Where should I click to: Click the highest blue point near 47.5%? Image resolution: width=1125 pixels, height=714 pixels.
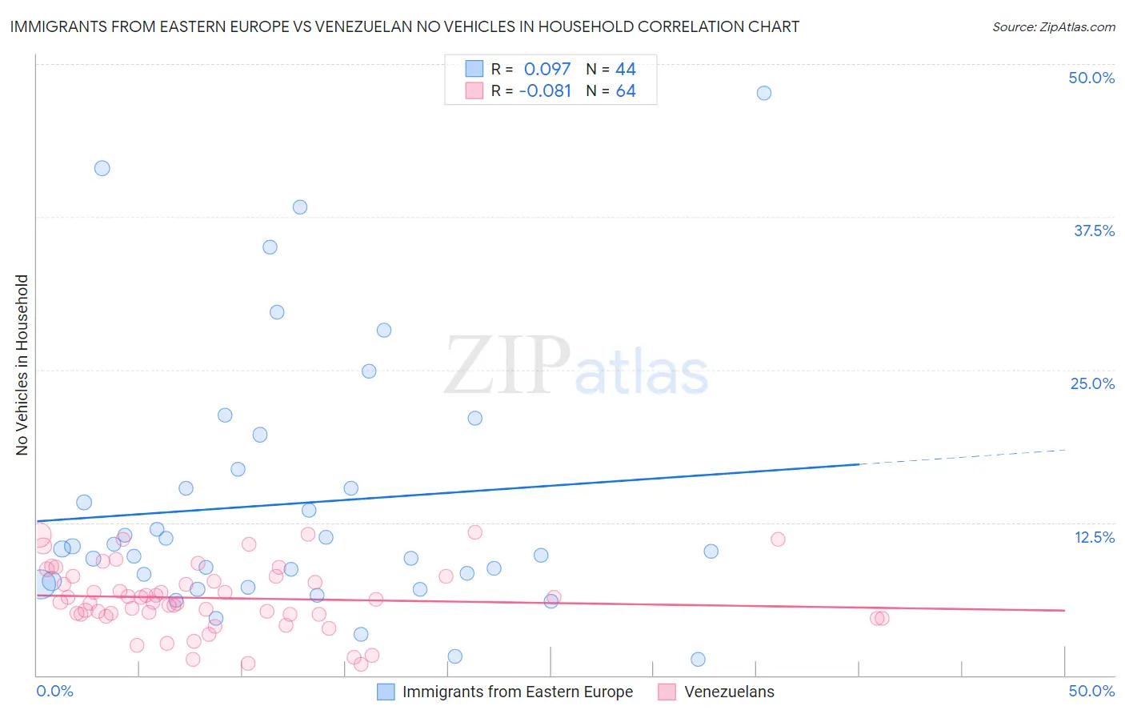point(764,93)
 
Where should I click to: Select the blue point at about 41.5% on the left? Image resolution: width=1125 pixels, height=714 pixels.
point(102,168)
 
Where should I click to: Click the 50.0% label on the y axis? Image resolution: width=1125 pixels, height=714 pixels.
point(1091,78)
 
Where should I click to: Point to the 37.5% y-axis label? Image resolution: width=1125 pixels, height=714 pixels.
point(1094,231)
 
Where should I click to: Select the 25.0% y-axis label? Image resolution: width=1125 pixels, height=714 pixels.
point(1092,383)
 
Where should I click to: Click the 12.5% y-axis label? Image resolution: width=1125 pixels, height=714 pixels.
point(1094,537)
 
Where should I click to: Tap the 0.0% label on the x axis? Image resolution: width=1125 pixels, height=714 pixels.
point(54,691)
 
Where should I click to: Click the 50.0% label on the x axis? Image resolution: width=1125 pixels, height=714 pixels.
point(1091,691)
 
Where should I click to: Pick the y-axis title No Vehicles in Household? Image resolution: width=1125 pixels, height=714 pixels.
point(22,365)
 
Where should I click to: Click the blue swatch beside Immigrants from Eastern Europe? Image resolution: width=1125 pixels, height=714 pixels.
point(386,692)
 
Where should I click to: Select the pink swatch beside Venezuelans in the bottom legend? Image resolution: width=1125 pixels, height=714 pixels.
point(667,692)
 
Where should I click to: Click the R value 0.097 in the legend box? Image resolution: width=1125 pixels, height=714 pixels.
point(547,70)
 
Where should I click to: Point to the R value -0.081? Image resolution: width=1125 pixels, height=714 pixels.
point(545,91)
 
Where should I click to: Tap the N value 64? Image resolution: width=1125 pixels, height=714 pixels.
point(626,91)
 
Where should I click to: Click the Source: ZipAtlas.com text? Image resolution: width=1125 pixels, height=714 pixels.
point(1053,27)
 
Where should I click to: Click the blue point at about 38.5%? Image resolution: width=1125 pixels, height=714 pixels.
point(300,207)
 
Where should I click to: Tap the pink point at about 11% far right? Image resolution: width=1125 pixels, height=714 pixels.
point(778,540)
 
